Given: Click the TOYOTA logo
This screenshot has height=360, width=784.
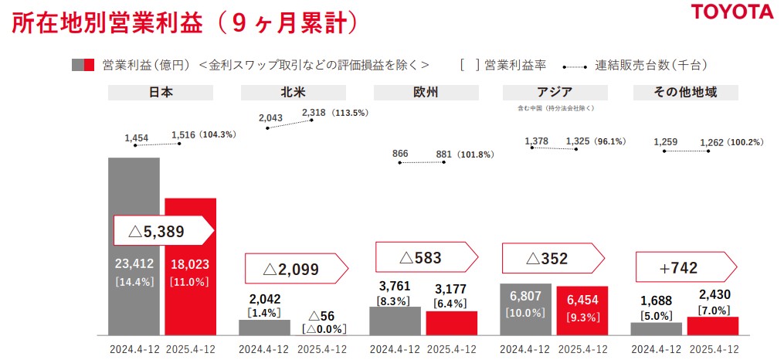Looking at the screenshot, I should [731, 12].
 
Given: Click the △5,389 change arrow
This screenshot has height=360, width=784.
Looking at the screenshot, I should [163, 230].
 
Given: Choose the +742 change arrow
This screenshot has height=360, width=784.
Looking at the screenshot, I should [683, 267].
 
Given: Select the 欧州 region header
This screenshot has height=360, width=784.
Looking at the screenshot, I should [426, 93].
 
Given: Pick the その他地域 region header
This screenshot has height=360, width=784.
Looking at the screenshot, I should [686, 93].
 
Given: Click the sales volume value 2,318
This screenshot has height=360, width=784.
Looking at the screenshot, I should [314, 112].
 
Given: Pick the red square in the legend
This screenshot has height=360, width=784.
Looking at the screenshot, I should [90, 65].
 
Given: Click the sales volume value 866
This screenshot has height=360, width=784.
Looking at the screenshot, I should [400, 154].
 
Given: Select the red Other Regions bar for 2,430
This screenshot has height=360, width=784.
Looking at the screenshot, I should [713, 326].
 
